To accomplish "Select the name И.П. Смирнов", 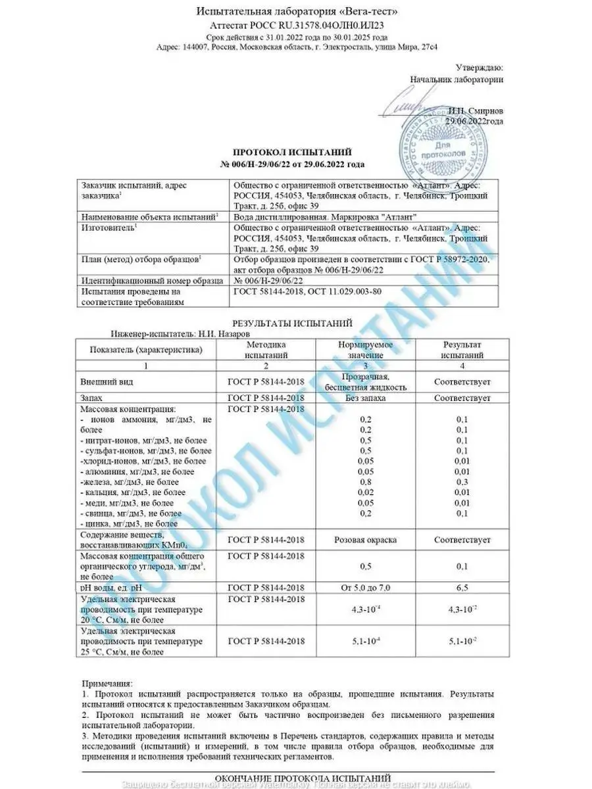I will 476,110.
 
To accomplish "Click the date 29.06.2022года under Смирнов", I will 474,121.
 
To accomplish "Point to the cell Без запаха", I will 365,398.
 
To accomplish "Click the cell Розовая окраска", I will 365,540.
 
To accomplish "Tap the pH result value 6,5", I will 462,587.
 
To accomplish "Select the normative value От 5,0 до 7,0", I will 365,587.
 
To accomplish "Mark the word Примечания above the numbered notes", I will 108,684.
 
